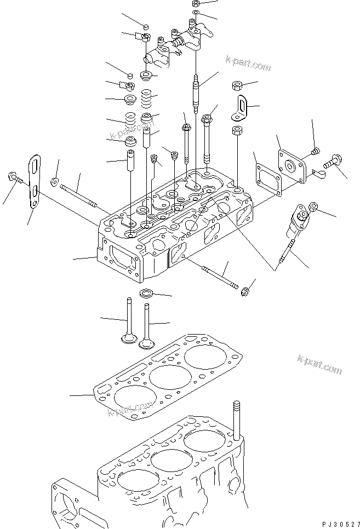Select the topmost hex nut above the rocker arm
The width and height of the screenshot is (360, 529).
[x=196, y=4]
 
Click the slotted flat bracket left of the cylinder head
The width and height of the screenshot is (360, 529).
[x=34, y=181]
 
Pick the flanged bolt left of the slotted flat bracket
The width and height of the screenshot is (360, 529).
[x=13, y=178]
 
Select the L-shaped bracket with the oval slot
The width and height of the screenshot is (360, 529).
[x=240, y=107]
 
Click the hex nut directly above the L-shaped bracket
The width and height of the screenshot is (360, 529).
[x=237, y=85]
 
